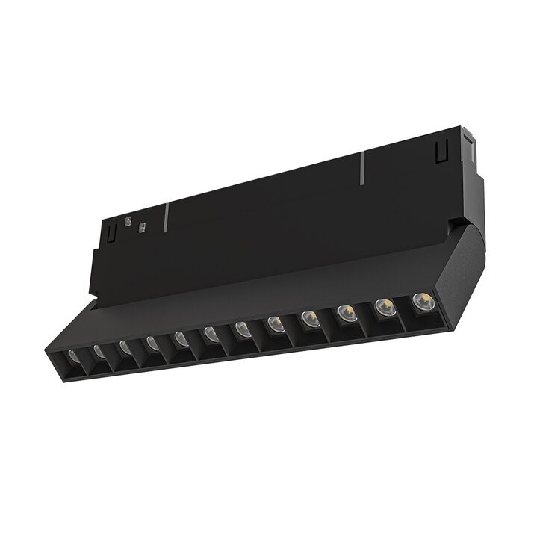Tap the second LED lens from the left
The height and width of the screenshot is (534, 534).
coord(98,350)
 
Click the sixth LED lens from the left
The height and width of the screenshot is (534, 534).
coord(211,333)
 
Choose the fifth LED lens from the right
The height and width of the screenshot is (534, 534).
coord(275,323)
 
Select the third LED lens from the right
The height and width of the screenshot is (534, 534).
coord(345,312)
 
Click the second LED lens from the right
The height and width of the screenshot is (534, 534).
coord(382,306)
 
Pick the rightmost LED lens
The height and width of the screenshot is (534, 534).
coord(419,301)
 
